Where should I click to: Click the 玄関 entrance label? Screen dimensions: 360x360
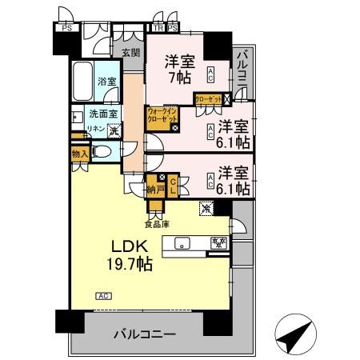point(130,53)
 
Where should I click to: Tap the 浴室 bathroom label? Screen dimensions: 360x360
point(106,81)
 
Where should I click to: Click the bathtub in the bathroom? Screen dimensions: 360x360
point(81,81)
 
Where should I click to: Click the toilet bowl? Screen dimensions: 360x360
point(103,151)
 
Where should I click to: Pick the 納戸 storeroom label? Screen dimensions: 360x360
point(155,190)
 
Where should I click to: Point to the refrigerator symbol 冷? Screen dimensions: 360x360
point(208,210)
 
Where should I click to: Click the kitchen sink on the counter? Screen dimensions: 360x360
point(181,242)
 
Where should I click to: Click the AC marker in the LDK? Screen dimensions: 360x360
point(102,295)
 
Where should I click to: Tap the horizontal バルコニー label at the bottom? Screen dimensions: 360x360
point(144,333)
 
